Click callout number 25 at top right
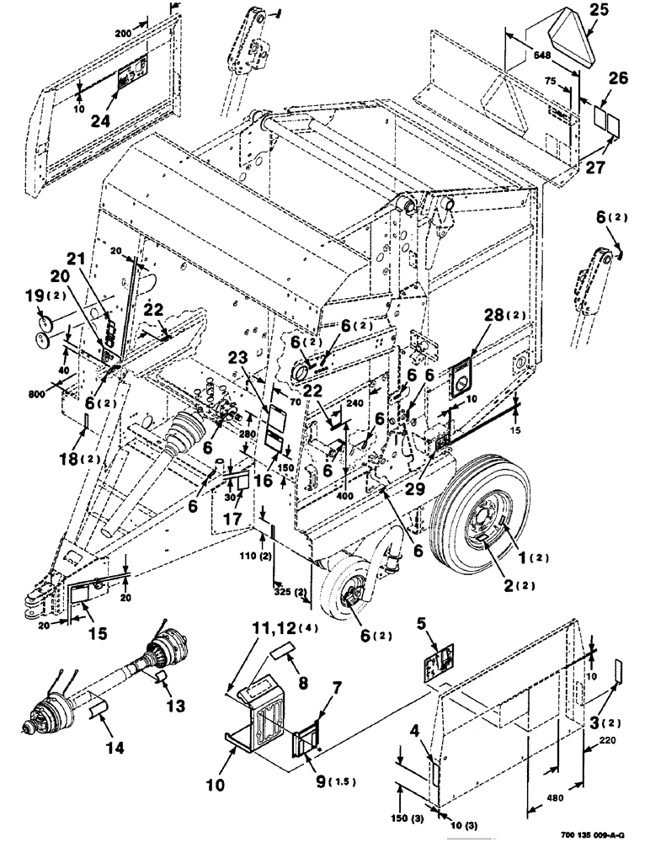click(x=599, y=11)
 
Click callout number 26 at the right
click(x=618, y=82)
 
